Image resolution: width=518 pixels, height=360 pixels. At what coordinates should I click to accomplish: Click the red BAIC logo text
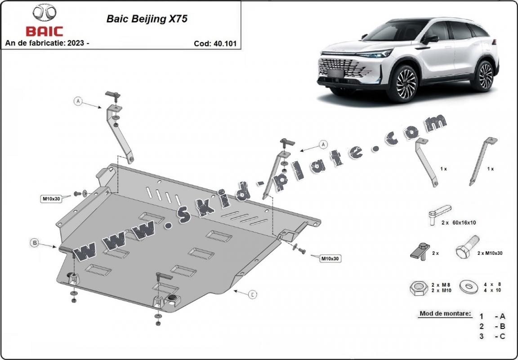tap(45, 31)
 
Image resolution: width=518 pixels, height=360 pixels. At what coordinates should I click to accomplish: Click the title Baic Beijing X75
tap(147, 19)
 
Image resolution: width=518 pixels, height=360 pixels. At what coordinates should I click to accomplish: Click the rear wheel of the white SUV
tap(484, 76)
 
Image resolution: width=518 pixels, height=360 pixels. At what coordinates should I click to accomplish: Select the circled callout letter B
tap(34, 243)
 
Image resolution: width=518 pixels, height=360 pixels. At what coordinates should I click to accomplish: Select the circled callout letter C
tap(253, 294)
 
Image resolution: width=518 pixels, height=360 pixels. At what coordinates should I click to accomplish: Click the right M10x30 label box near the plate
tap(330, 258)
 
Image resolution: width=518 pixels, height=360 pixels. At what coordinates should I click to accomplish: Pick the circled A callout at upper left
tap(78, 102)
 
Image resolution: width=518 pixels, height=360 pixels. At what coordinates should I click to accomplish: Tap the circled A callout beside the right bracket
tap(322, 144)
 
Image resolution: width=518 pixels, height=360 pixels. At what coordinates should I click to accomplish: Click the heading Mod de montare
tap(445, 313)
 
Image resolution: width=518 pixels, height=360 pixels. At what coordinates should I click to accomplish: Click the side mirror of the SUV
tap(430, 39)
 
